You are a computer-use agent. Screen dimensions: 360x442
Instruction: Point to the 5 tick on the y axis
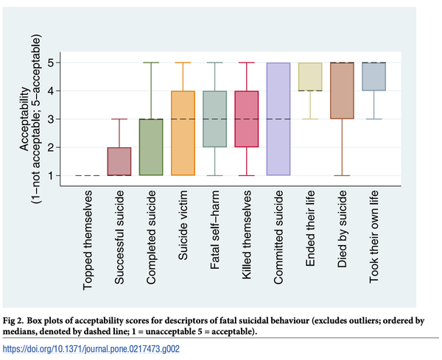64,63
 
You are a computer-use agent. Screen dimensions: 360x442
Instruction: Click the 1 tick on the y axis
64,175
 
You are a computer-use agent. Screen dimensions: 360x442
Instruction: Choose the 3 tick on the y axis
64,119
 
